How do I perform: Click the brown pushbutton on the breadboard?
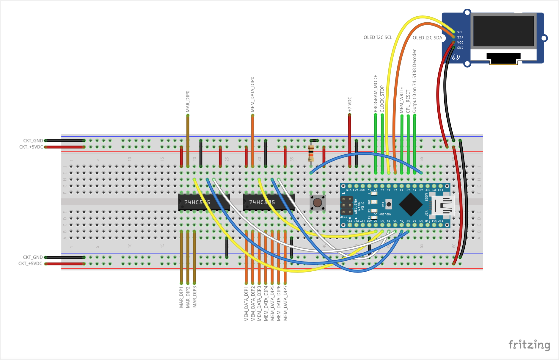317,203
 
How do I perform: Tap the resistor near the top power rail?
311,153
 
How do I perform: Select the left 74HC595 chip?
204,202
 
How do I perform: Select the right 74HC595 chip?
268,202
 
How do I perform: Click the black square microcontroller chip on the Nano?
411,204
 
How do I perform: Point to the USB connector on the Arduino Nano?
443,205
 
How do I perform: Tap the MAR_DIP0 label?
188,101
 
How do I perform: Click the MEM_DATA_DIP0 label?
252,95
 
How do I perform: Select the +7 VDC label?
350,104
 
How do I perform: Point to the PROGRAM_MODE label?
376,94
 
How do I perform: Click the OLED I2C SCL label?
378,37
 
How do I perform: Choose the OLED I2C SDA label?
427,38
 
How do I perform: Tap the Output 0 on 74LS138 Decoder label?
414,81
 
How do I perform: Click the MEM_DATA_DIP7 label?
285,303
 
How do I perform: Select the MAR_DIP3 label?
194,297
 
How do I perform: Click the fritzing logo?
529,345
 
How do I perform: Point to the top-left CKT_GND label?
33,141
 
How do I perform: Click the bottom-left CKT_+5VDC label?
30,264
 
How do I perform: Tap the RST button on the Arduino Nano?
388,204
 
